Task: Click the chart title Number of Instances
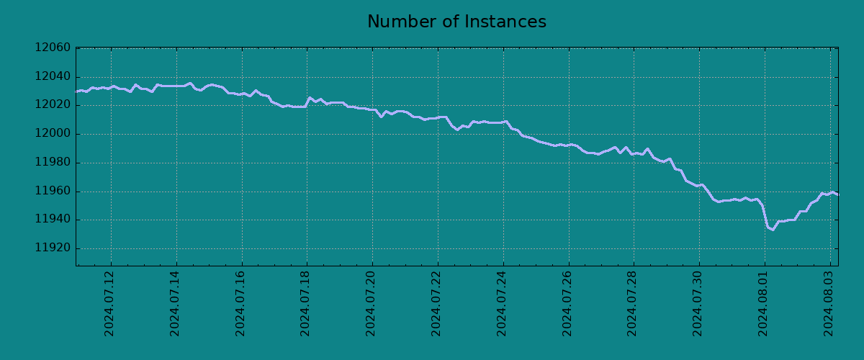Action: pyautogui.click(x=456, y=22)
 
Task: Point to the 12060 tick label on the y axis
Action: pyautogui.click(x=53, y=48)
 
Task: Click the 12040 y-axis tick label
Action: pyautogui.click(x=53, y=77)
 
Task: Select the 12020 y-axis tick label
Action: pyautogui.click(x=53, y=105)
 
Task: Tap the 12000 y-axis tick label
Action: pyautogui.click(x=53, y=134)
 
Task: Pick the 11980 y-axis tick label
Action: pyautogui.click(x=53, y=163)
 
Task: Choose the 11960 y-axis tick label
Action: pyautogui.click(x=53, y=192)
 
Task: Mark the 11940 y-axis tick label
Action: pyautogui.click(x=53, y=220)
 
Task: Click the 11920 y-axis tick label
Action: pyautogui.click(x=53, y=248)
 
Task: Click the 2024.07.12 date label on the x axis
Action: pyautogui.click(x=110, y=302)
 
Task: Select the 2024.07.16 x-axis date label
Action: pyautogui.click(x=241, y=302)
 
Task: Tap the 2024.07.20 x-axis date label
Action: pyautogui.click(x=372, y=302)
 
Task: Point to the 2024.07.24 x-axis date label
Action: pyautogui.click(x=503, y=302)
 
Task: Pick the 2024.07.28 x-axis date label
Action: pyautogui.click(x=633, y=302)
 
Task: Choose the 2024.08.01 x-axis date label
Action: pyautogui.click(x=764, y=302)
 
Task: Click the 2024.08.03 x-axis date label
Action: pyautogui.click(x=829, y=302)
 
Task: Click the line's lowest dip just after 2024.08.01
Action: pyautogui.click(x=773, y=230)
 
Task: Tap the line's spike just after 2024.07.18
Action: pyautogui.click(x=310, y=98)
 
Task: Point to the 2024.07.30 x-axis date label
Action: pyautogui.click(x=698, y=302)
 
